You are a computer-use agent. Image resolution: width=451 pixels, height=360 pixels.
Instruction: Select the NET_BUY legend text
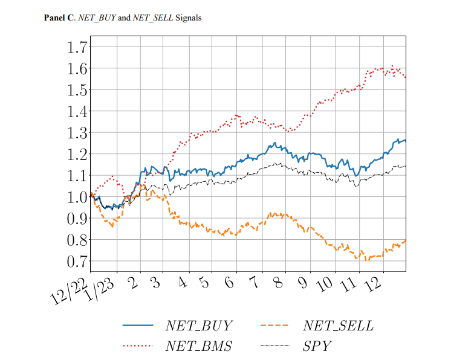pyautogui.click(x=198, y=326)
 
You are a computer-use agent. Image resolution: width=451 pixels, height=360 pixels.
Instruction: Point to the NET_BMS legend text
pyautogui.click(x=199, y=347)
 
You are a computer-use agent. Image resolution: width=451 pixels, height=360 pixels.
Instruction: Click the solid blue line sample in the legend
pyautogui.click(x=138, y=326)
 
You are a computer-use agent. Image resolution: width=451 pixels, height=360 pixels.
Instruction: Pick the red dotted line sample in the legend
pyautogui.click(x=138, y=346)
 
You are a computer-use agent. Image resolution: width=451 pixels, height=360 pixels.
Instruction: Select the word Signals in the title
pyautogui.click(x=188, y=18)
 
